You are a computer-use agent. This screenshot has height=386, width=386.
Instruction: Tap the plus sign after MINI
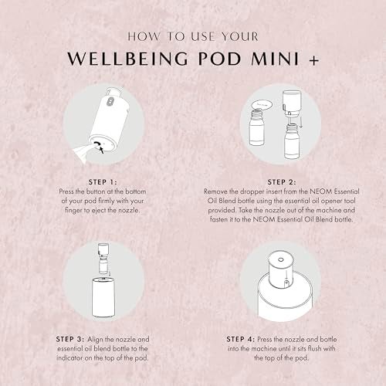[314, 61]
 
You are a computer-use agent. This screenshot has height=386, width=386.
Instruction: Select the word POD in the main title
[219, 59]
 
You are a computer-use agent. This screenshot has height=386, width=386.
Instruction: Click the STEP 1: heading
[103, 182]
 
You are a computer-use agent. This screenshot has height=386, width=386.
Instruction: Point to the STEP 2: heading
[282, 182]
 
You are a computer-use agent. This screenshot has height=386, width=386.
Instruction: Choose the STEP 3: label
[70, 339]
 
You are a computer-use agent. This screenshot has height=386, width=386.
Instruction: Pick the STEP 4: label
[241, 339]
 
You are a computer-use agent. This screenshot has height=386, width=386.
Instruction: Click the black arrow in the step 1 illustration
[102, 150]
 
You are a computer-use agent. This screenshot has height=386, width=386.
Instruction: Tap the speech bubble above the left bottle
[262, 105]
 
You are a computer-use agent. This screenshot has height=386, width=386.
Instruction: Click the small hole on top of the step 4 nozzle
[281, 259]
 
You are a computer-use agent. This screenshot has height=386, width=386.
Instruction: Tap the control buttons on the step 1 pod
[109, 102]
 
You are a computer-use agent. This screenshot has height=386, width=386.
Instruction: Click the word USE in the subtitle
[203, 36]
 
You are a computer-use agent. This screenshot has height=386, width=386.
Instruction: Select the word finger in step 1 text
[73, 210]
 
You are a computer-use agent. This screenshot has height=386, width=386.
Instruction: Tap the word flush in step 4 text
[315, 349]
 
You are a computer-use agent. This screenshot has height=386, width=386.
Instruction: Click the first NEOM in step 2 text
[320, 191]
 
